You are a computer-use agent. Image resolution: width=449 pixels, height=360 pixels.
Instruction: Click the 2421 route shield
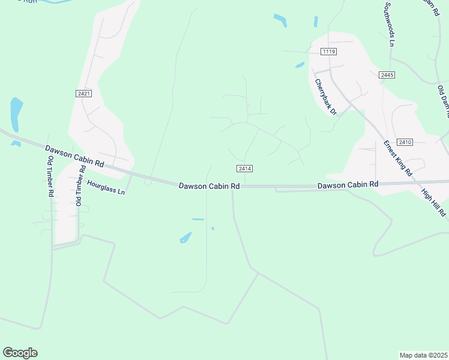click(x=83, y=94)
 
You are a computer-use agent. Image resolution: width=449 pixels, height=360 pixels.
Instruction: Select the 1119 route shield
click(x=328, y=52)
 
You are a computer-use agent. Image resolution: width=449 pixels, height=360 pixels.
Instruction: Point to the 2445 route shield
click(x=387, y=75)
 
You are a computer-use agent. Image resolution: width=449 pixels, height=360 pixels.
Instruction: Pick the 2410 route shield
click(x=405, y=142)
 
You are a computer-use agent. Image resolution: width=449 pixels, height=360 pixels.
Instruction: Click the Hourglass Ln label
click(x=106, y=188)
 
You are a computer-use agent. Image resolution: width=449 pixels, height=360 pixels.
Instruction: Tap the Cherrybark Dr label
click(x=327, y=95)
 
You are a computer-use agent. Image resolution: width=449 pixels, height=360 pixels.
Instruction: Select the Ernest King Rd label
click(x=398, y=158)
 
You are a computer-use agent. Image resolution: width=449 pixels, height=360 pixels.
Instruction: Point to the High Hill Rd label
click(x=433, y=203)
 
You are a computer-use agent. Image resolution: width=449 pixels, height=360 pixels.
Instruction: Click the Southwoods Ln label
click(x=389, y=24)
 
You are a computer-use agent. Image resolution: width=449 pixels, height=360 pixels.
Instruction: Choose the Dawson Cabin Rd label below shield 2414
click(x=209, y=186)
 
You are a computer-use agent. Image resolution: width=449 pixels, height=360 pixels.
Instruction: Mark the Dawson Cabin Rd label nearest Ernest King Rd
click(x=348, y=185)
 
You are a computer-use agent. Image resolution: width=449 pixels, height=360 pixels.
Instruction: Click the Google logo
click(x=20, y=352)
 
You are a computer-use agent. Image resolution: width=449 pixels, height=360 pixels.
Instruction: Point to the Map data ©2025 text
click(x=423, y=355)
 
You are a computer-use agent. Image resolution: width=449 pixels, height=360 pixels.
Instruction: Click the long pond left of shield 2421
click(x=16, y=113)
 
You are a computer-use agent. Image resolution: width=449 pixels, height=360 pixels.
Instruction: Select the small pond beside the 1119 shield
click(x=300, y=65)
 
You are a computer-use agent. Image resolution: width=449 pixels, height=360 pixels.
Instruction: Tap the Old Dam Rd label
click(x=443, y=96)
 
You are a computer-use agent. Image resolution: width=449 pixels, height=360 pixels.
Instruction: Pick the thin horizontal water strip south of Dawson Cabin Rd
click(x=198, y=220)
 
